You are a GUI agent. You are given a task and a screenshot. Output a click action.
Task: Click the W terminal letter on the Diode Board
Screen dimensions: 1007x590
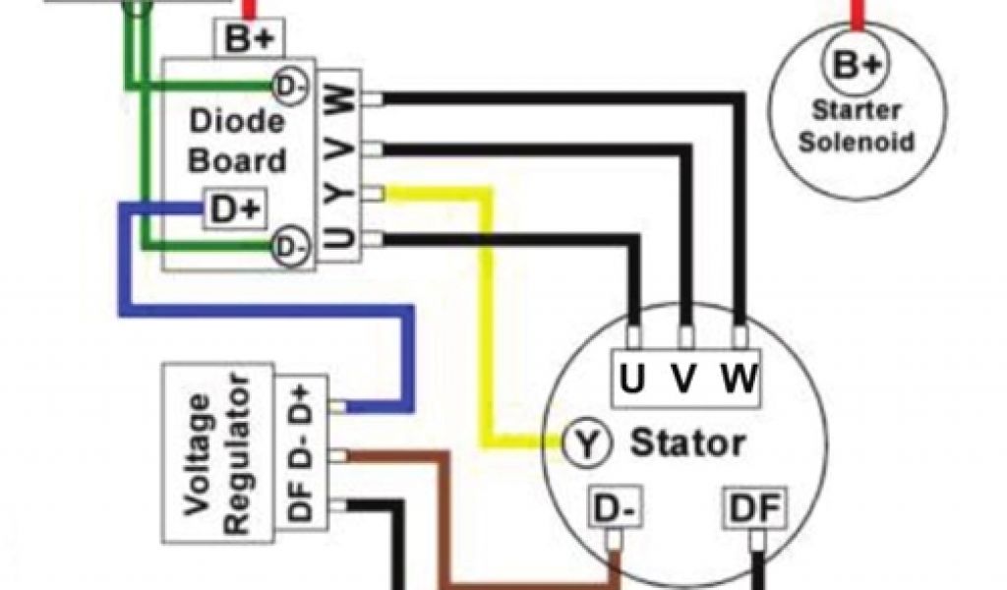(338, 99)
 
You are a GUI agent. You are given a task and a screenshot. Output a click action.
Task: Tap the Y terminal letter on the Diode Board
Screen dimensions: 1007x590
(338, 194)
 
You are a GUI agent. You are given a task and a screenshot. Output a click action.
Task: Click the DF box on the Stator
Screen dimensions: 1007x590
(757, 508)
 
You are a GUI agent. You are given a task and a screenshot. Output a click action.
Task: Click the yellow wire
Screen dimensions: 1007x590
(486, 315)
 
